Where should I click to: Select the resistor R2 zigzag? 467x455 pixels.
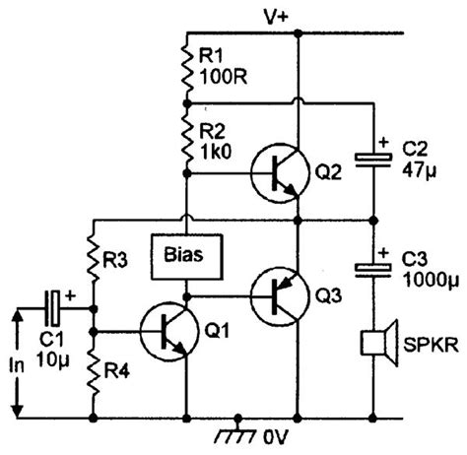click(186, 137)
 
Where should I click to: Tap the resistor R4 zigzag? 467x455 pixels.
click(93, 364)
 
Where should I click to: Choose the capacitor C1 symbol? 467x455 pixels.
click(58, 307)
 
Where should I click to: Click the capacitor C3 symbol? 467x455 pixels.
click(374, 268)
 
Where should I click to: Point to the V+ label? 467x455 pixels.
click(275, 14)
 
